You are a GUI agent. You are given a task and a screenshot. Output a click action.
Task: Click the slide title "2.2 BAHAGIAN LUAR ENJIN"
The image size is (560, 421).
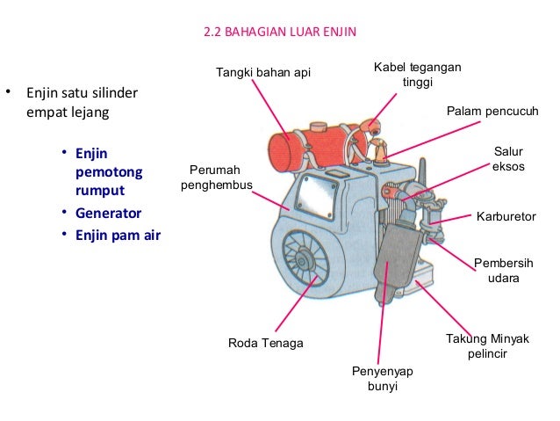pyautogui.click(x=280, y=35)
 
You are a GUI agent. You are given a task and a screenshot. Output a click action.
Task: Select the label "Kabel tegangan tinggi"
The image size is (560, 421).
pyautogui.click(x=418, y=76)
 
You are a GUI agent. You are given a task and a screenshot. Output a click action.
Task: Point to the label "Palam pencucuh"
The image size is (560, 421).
pyautogui.click(x=492, y=113)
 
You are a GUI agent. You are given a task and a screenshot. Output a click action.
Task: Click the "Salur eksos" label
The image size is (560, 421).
pyautogui.click(x=508, y=159)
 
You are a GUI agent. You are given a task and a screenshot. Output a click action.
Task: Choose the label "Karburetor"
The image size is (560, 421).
pyautogui.click(x=506, y=216)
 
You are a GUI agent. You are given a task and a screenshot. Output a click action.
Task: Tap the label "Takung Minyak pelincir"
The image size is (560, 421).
pyautogui.click(x=484, y=346)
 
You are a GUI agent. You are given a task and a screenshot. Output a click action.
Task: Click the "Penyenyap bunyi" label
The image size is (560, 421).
pyautogui.click(x=382, y=378)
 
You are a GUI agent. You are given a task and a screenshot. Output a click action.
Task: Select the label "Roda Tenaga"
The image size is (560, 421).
pyautogui.click(x=265, y=343)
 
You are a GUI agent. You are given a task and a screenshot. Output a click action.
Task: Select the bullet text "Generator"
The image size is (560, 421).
pyautogui.click(x=108, y=214)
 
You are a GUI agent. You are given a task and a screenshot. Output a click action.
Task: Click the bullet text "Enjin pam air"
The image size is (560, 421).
pyautogui.click(x=118, y=235)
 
